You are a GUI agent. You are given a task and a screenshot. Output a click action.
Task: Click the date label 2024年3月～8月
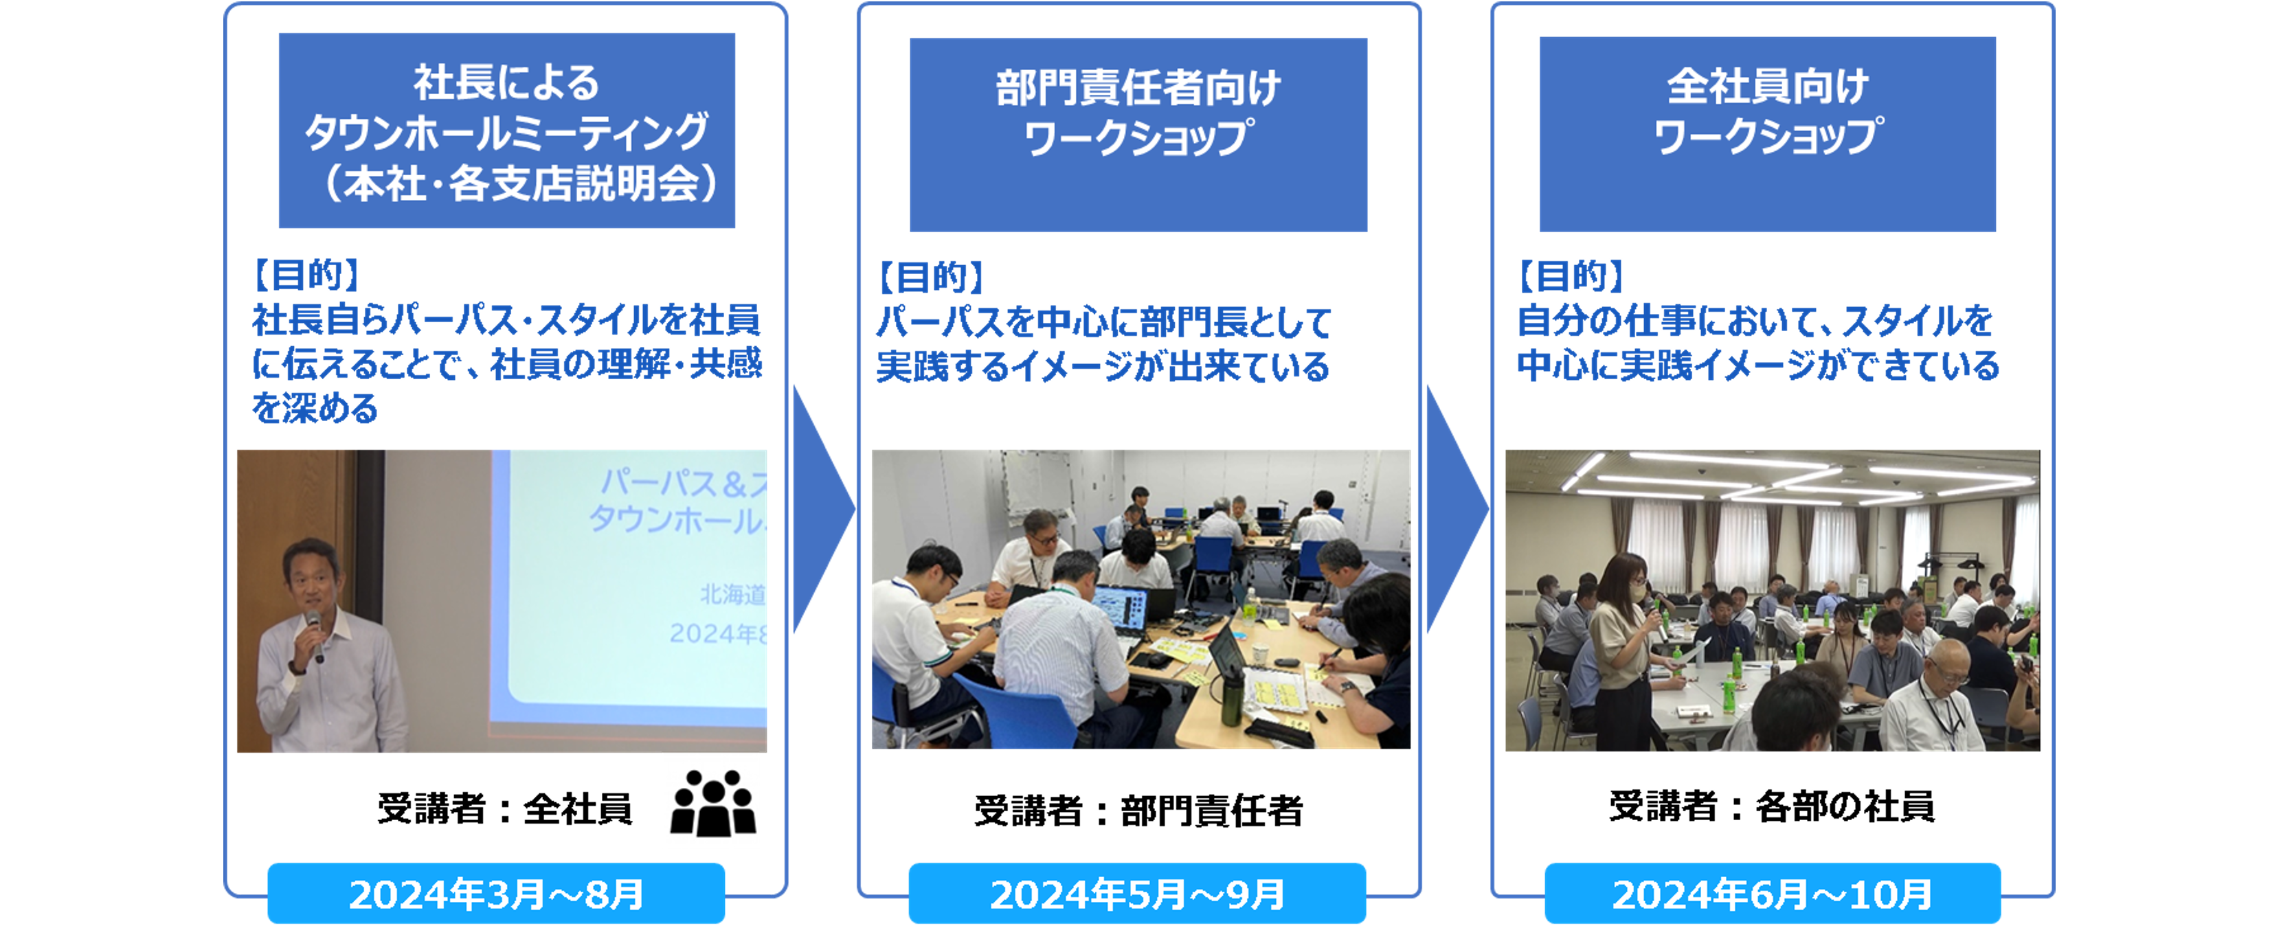click(x=496, y=894)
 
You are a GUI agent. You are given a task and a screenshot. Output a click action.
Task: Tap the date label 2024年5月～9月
click(x=1137, y=894)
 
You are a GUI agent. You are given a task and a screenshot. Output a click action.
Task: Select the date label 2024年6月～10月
click(x=1773, y=894)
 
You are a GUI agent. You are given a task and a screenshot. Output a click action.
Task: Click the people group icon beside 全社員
click(x=713, y=803)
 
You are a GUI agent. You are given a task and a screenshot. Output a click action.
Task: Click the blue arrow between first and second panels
click(x=821, y=508)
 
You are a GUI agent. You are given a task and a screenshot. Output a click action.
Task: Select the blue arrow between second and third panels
click(x=1457, y=508)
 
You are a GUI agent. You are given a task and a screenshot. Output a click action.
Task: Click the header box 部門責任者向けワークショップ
click(x=1138, y=135)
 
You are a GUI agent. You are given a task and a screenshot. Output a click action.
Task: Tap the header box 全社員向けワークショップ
click(x=1767, y=134)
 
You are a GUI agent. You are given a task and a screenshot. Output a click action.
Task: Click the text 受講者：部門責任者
click(x=1138, y=810)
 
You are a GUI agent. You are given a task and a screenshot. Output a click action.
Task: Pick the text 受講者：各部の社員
click(x=1772, y=806)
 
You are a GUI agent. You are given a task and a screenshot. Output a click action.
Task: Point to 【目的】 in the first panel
click(x=306, y=275)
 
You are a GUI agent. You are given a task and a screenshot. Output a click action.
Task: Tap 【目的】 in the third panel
click(x=1570, y=276)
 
